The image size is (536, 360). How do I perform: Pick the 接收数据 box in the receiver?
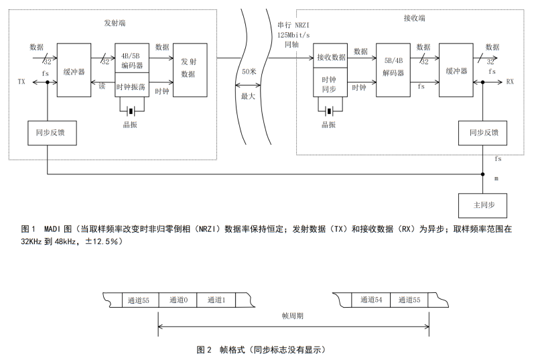[x=330, y=57]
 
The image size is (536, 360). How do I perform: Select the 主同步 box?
[x=482, y=204]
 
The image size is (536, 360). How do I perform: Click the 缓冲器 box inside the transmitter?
[x=73, y=69]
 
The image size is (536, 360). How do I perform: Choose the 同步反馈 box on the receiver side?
[x=482, y=133]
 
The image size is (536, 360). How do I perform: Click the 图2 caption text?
[x=261, y=349]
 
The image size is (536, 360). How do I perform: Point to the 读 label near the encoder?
[x=102, y=86]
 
